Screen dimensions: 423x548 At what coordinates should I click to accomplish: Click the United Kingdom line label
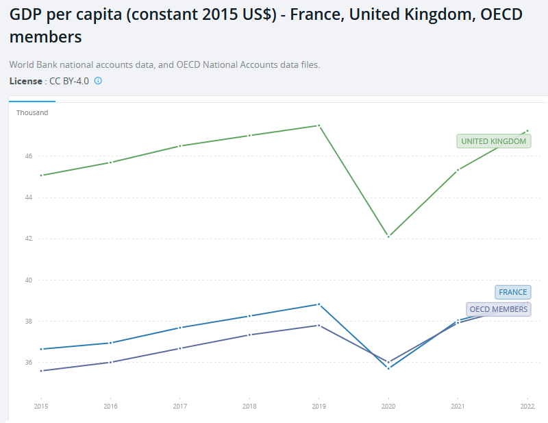click(494, 141)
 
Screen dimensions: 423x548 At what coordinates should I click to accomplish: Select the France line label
click(513, 292)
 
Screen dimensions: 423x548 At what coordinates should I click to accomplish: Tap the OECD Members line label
click(499, 309)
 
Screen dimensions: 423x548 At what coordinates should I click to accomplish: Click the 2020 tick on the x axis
click(388, 406)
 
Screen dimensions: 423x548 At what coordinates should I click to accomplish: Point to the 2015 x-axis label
click(41, 406)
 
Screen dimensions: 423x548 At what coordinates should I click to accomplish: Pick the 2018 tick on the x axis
click(249, 406)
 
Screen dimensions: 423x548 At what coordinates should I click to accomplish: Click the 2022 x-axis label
click(527, 406)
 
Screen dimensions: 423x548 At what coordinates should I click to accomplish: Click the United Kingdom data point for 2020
click(388, 237)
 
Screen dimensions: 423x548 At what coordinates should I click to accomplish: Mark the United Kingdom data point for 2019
click(319, 125)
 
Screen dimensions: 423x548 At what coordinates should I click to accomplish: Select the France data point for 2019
click(319, 304)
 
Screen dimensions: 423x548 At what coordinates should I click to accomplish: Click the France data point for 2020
click(388, 368)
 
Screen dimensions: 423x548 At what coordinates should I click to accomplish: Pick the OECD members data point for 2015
click(41, 371)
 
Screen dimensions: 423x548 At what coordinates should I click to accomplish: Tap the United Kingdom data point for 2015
click(41, 176)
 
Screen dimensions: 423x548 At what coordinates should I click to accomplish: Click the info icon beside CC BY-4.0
click(98, 81)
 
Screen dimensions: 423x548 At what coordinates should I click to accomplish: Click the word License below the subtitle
click(25, 81)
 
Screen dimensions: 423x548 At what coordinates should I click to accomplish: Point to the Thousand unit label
click(32, 112)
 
